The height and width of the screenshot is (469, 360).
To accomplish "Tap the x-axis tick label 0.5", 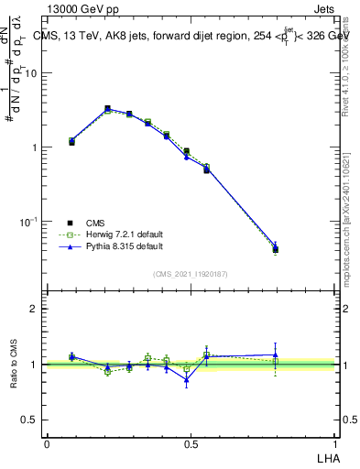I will (x=191, y=444).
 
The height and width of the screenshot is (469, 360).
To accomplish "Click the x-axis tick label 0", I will (x=47, y=444).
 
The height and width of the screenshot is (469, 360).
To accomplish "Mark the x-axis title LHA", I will (x=324, y=457).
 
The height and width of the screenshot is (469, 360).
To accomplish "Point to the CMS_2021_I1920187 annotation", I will (x=191, y=274).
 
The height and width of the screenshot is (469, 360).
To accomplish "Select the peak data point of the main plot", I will (x=107, y=109).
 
